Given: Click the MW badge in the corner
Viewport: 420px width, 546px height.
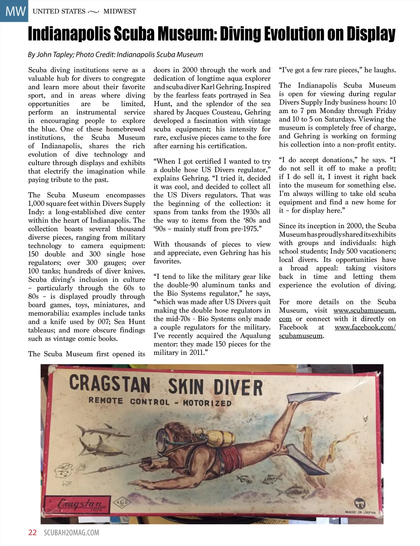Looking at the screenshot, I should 14,11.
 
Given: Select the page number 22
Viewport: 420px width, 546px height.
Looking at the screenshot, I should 32,533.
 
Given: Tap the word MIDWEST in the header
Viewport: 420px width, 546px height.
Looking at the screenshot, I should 120,11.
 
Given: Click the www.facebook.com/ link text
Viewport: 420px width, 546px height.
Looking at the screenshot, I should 365,327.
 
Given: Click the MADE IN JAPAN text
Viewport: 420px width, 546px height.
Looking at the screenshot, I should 360,512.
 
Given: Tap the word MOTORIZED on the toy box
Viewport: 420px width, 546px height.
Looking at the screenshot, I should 207,403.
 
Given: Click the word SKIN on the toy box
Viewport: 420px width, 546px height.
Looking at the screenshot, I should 185,387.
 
